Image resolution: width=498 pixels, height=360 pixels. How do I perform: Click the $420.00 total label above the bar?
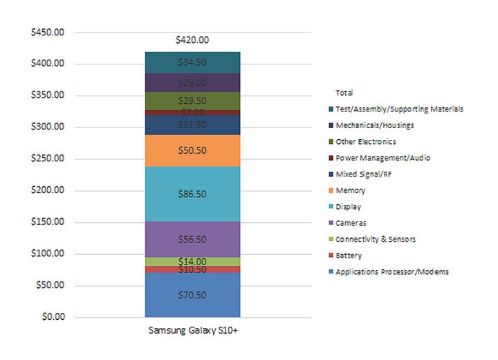[x=192, y=40]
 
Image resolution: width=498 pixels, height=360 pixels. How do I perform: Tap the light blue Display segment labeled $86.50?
[x=192, y=195]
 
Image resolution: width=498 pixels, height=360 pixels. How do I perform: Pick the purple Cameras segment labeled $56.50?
[x=192, y=239]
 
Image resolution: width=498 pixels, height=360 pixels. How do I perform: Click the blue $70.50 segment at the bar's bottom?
[x=192, y=294]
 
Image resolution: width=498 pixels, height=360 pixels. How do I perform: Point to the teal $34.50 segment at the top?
[x=192, y=62]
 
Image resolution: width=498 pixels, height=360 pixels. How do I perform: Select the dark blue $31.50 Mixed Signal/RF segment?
[x=192, y=125]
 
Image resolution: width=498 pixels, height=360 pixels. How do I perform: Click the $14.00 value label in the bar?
[x=192, y=262]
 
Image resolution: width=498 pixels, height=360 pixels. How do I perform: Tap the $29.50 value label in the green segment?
[x=192, y=100]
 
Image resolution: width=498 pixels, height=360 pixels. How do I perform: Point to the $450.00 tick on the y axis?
[x=48, y=32]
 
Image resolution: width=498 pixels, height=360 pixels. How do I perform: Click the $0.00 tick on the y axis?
[x=53, y=317]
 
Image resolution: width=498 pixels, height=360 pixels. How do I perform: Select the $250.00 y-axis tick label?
[x=48, y=159]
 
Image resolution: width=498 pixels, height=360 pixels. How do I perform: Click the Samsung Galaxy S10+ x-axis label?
[x=192, y=331]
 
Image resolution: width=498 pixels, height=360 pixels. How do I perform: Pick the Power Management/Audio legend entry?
[x=382, y=158]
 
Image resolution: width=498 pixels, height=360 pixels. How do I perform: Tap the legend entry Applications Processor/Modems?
[x=391, y=272]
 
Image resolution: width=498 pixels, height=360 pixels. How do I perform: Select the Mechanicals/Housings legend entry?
[x=374, y=125]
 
